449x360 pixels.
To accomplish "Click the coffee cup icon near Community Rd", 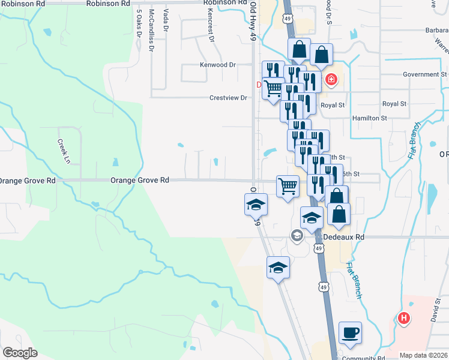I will click(x=350, y=332).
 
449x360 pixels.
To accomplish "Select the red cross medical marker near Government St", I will click(x=330, y=80).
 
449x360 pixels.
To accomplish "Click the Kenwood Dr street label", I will click(x=218, y=64).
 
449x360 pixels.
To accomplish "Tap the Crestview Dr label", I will click(x=228, y=98).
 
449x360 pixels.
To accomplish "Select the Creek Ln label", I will click(x=64, y=151).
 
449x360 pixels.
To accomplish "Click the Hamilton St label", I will click(x=369, y=118).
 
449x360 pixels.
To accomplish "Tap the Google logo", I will click(x=19, y=353).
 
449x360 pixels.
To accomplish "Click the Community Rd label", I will click(x=363, y=358).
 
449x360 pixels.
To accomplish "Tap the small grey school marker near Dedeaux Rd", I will click(x=297, y=236).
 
